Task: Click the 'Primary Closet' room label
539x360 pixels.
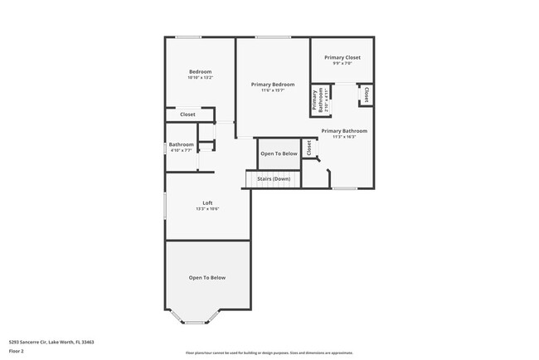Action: click(x=342, y=57)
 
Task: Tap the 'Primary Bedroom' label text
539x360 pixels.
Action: click(x=273, y=84)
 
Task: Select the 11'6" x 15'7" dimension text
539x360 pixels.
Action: click(x=273, y=90)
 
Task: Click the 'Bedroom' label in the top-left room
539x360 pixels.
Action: click(x=200, y=71)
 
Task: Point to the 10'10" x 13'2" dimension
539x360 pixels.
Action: click(x=200, y=78)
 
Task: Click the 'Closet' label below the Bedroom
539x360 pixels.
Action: click(x=187, y=114)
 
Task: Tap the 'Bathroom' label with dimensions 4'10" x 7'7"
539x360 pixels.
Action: click(x=182, y=144)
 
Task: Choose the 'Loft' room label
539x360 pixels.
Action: click(x=207, y=202)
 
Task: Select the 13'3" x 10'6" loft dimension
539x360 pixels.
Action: click(x=207, y=209)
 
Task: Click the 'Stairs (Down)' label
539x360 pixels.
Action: click(x=274, y=178)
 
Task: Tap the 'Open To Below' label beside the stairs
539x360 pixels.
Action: click(x=279, y=153)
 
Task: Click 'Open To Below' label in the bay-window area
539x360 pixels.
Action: click(x=206, y=278)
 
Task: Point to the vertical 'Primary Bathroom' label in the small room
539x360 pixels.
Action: click(x=315, y=100)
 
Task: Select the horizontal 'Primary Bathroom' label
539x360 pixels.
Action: click(x=343, y=130)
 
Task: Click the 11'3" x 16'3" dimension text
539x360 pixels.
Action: click(x=343, y=137)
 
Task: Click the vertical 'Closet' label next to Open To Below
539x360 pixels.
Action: click(x=308, y=147)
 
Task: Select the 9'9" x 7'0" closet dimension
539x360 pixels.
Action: click(x=342, y=64)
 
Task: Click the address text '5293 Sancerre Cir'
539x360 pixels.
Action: click(x=28, y=342)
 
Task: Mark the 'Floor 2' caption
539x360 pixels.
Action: click(x=17, y=351)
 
